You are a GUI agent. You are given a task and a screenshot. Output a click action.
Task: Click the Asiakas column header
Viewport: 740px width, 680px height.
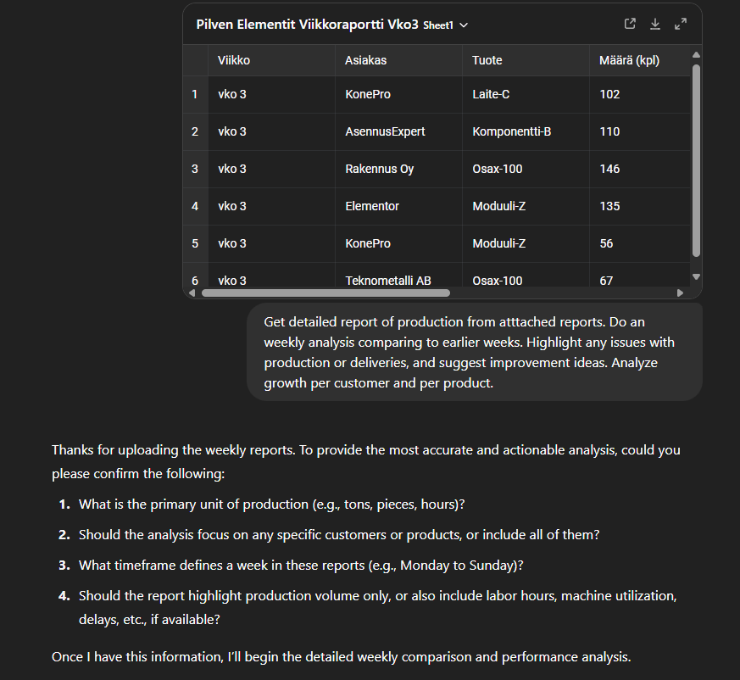(x=365, y=60)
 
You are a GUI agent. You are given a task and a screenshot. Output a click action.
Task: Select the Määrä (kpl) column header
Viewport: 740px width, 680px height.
(x=629, y=60)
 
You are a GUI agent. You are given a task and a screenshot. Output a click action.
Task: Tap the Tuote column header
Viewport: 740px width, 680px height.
(x=487, y=60)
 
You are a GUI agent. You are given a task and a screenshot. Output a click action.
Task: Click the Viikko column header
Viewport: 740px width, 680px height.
(x=234, y=60)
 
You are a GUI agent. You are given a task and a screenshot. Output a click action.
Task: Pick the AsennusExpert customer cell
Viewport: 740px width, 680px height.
(x=385, y=131)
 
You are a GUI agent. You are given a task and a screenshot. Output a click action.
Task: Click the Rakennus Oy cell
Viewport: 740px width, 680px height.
(x=379, y=169)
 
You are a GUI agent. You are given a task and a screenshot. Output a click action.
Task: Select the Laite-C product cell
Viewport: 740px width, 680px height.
(x=491, y=94)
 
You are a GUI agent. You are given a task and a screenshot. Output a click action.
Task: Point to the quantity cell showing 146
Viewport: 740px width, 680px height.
(x=609, y=169)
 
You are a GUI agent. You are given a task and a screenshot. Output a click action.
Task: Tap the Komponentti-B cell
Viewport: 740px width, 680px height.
(x=511, y=131)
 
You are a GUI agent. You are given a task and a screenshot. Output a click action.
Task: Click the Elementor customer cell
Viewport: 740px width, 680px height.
(x=372, y=206)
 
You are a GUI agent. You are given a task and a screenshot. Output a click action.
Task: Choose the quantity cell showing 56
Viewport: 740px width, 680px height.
(x=606, y=243)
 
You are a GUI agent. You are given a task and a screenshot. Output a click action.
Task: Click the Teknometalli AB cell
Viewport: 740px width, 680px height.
(x=388, y=280)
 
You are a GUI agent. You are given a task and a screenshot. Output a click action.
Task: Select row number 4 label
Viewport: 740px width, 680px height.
(x=195, y=206)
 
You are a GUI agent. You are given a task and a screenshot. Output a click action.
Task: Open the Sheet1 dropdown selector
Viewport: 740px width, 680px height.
(x=446, y=25)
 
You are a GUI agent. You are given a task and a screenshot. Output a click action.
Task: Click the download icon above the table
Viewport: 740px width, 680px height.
(x=655, y=25)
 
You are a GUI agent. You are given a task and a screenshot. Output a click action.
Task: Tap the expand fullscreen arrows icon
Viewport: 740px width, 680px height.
(x=681, y=25)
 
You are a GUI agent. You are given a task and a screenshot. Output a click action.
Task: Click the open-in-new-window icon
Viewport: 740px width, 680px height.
(x=630, y=25)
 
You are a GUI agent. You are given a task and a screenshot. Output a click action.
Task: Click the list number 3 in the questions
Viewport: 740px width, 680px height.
(x=64, y=565)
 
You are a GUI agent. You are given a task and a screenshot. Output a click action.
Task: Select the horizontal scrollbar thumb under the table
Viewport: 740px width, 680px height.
(x=325, y=293)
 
